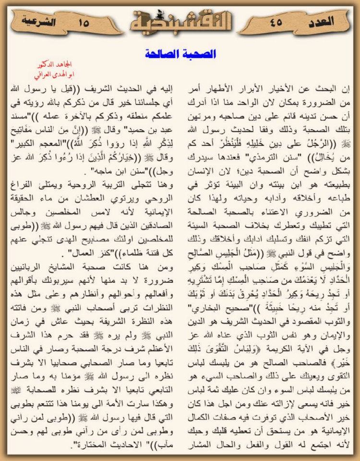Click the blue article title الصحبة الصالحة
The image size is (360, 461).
(180, 53)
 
